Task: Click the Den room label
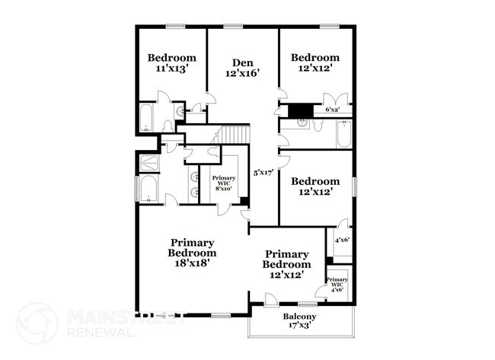(x=243, y=62)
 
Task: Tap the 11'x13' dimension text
(x=171, y=68)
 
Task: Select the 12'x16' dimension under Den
(x=243, y=74)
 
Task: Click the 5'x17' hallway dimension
(x=264, y=172)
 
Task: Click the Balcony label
(x=300, y=317)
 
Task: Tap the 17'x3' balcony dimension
(x=300, y=327)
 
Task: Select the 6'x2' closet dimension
(x=333, y=110)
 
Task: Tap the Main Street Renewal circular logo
(x=36, y=323)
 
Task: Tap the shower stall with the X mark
(x=148, y=162)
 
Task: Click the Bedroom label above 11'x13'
(x=171, y=57)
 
